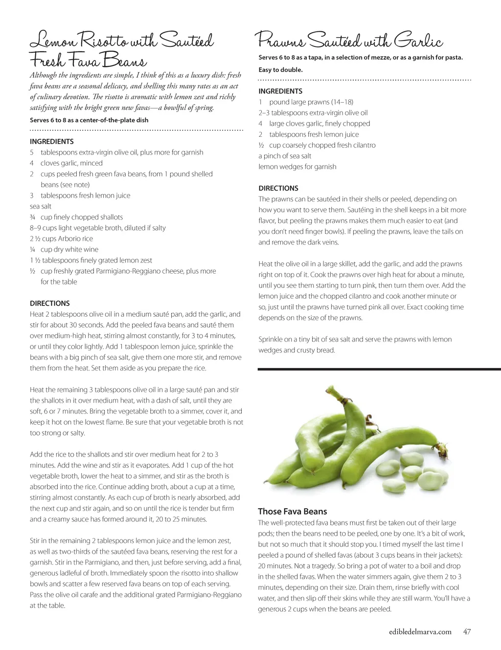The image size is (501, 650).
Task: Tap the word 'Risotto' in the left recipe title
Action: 97,41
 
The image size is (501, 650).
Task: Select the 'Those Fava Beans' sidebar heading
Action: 292,512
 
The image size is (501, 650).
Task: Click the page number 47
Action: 467,631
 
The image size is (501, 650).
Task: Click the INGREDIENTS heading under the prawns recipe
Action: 280,91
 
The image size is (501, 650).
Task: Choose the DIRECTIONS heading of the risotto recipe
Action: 49,303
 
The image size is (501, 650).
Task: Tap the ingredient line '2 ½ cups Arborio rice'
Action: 61,239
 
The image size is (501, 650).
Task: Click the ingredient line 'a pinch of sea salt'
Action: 285,156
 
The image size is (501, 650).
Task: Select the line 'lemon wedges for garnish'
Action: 297,167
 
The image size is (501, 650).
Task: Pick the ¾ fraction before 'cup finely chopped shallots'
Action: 33,217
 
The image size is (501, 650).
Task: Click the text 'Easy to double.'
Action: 280,70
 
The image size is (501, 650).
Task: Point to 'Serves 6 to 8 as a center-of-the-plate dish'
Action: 89,120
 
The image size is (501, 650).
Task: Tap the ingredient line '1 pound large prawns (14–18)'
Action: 306,102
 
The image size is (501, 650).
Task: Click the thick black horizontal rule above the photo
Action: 379,369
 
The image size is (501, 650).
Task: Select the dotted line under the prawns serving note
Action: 364,80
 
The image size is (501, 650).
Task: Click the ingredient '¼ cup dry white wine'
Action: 64,250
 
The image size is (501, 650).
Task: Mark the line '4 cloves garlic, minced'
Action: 66,163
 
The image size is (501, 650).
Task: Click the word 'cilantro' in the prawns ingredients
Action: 364,145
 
